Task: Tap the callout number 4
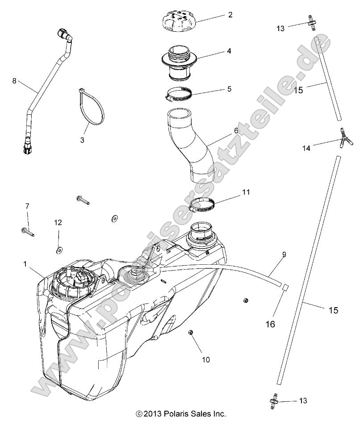point(229,51)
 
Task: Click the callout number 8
point(14,81)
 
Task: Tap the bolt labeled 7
point(27,232)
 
